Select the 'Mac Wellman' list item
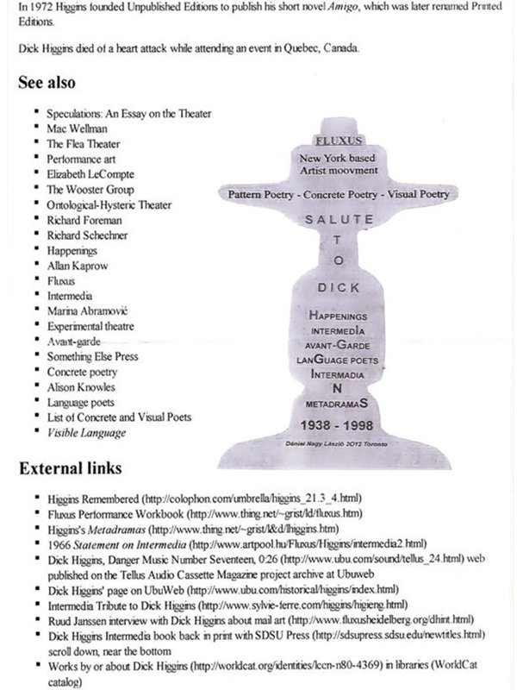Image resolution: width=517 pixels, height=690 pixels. tap(72, 129)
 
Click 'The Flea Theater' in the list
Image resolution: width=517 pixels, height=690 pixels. tap(84, 144)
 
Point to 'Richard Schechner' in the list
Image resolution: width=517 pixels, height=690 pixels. tap(87, 235)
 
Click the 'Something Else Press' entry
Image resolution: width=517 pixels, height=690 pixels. tap(92, 356)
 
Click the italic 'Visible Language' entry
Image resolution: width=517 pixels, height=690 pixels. tap(86, 431)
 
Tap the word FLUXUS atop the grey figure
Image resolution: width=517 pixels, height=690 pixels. tap(339, 139)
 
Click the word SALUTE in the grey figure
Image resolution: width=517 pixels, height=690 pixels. tap(339, 220)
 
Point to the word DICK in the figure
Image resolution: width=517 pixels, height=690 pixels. tap(339, 288)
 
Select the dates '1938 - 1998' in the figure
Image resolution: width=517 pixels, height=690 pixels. tap(339, 426)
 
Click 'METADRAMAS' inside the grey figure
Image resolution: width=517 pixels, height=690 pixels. tap(338, 403)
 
